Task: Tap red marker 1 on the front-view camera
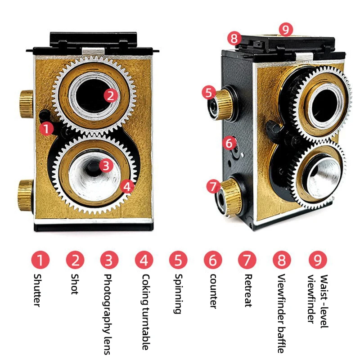(x=46, y=128)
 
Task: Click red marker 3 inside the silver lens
(x=105, y=165)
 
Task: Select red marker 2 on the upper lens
(x=111, y=95)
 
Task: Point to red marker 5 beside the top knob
(x=208, y=93)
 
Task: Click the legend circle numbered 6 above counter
(x=213, y=260)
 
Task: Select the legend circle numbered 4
(x=144, y=260)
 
